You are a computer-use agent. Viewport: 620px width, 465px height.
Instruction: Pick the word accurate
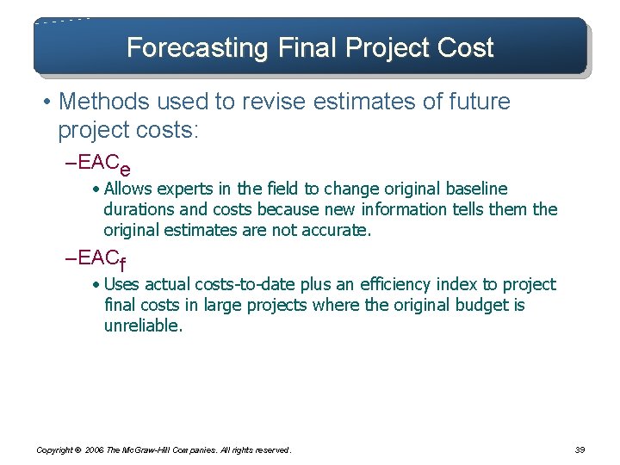click(x=337, y=230)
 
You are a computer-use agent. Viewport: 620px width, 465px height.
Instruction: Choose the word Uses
click(x=121, y=284)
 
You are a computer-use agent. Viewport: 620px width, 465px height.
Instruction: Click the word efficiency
click(x=390, y=284)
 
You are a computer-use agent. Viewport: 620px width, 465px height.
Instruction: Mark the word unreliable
click(x=142, y=325)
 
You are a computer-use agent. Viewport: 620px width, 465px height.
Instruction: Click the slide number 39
click(x=580, y=449)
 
